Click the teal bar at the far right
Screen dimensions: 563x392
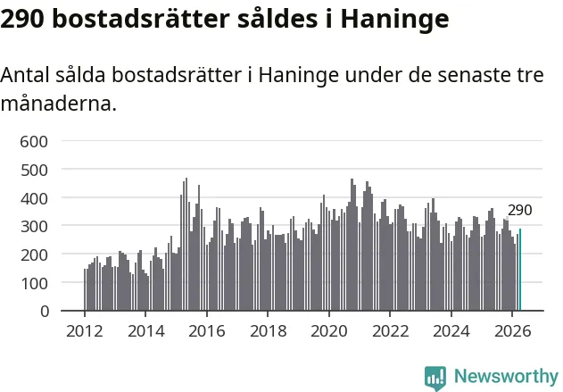[520, 270]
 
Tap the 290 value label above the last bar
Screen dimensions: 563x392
[519, 211]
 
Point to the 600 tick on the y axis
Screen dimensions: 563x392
[34, 142]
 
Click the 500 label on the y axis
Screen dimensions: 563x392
[34, 170]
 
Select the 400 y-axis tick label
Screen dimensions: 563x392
[34, 198]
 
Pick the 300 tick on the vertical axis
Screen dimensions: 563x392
[34, 227]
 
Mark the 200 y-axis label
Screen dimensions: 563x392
[34, 254]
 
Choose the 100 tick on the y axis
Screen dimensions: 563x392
[34, 283]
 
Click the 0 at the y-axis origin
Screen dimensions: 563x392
[45, 311]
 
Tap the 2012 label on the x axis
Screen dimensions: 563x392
[85, 331]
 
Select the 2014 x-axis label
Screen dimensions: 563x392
[145, 331]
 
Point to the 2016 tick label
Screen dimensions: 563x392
[207, 331]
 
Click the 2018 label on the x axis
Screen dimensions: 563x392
[269, 331]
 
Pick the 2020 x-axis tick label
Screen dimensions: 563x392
[329, 331]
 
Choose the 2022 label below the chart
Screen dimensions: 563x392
[390, 331]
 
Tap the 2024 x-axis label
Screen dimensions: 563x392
[451, 331]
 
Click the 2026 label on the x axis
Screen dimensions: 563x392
[513, 331]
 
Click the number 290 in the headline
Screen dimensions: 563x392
[22, 19]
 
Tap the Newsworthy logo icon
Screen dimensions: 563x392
[435, 378]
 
